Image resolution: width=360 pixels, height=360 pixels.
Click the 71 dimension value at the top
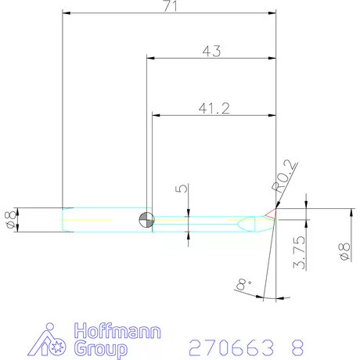click(x=169, y=6)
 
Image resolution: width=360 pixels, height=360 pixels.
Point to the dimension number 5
click(x=179, y=189)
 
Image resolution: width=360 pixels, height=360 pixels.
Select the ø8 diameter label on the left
click(x=10, y=219)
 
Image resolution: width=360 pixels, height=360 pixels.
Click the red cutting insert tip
click(x=270, y=213)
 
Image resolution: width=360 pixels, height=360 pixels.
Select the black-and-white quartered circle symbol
click(x=145, y=220)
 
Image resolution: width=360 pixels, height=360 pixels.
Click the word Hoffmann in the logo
click(x=117, y=330)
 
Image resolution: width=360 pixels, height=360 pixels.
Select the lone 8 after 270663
click(x=296, y=346)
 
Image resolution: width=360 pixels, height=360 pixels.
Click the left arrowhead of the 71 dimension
click(x=67, y=13)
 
